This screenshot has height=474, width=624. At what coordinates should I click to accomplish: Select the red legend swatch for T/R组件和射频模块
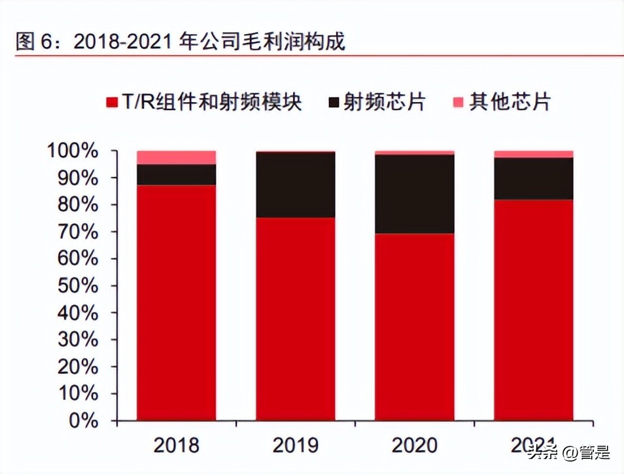111,103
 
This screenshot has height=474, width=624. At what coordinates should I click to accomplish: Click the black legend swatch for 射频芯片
334,103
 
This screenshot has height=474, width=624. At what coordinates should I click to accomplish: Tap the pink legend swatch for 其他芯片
457,103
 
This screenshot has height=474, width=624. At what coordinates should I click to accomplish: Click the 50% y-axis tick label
77,286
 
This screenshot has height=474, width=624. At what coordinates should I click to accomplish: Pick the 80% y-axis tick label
77,205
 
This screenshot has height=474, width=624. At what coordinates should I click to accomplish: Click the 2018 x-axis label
176,446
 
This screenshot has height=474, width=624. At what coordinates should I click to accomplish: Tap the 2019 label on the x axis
295,446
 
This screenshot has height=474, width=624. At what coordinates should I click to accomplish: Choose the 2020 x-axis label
414,446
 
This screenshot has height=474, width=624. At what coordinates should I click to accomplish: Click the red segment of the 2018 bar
177,301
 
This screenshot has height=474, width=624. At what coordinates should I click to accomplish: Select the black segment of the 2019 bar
296,185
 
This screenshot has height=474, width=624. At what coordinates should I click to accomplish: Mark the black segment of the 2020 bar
415,194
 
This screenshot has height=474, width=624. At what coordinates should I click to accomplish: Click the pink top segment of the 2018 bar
177,157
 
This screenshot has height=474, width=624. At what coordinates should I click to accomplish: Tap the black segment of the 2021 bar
534,178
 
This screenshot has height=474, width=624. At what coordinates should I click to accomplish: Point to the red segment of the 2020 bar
415,327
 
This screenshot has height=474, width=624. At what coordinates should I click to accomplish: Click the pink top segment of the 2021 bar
534,154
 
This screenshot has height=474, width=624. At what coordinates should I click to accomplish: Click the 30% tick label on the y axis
77,340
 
